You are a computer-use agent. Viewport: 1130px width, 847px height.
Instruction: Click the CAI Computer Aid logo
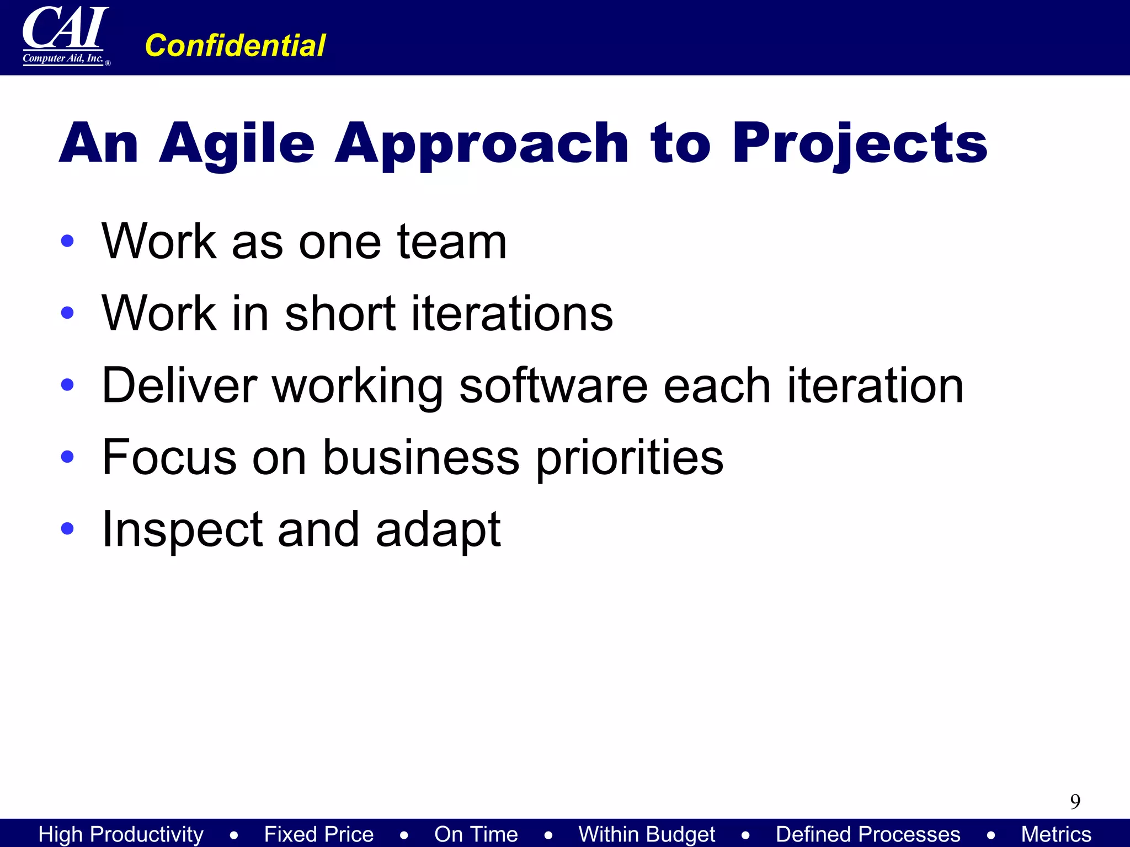(65, 36)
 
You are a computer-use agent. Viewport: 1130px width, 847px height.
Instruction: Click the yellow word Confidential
(235, 45)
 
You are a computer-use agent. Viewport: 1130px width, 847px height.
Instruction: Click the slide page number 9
(1075, 801)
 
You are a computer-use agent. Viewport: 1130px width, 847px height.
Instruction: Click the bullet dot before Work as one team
(67, 241)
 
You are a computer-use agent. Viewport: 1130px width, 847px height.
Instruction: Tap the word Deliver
(179, 385)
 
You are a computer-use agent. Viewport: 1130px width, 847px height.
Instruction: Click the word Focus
(169, 457)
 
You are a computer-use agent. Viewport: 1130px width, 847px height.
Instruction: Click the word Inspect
(182, 530)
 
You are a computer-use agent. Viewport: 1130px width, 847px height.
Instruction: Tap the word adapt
(438, 530)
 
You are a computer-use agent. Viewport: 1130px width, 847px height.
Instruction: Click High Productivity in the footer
(121, 834)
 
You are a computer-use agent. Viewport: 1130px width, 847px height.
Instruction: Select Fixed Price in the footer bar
(318, 834)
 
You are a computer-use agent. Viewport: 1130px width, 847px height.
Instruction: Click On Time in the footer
(476, 834)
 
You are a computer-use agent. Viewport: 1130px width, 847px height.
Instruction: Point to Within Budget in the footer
(646, 834)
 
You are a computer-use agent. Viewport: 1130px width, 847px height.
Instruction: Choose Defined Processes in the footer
(867, 834)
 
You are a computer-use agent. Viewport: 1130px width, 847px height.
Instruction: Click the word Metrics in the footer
(1056, 834)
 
